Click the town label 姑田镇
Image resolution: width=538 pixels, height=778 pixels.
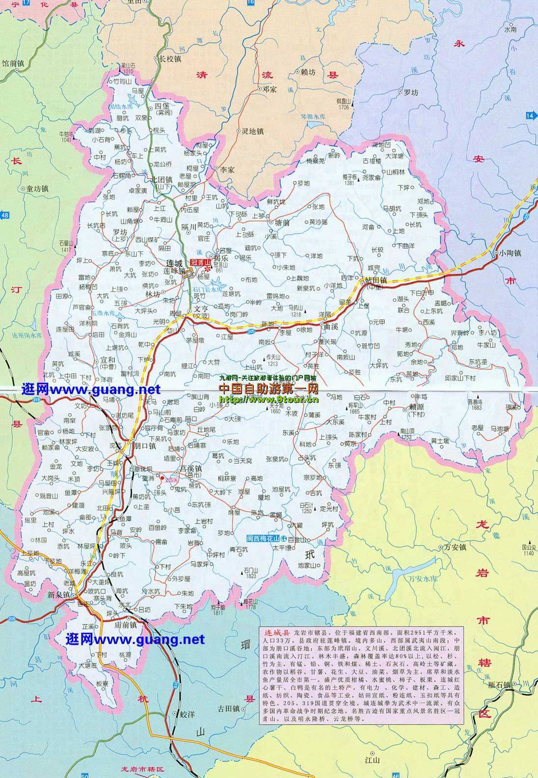pos(377,279)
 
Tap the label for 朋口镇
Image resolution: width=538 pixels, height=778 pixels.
pos(145,446)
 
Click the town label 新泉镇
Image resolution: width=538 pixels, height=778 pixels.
pos(59,595)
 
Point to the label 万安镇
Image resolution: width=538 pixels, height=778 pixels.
pos(455,547)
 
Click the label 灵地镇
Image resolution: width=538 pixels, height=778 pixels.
pos(253,131)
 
